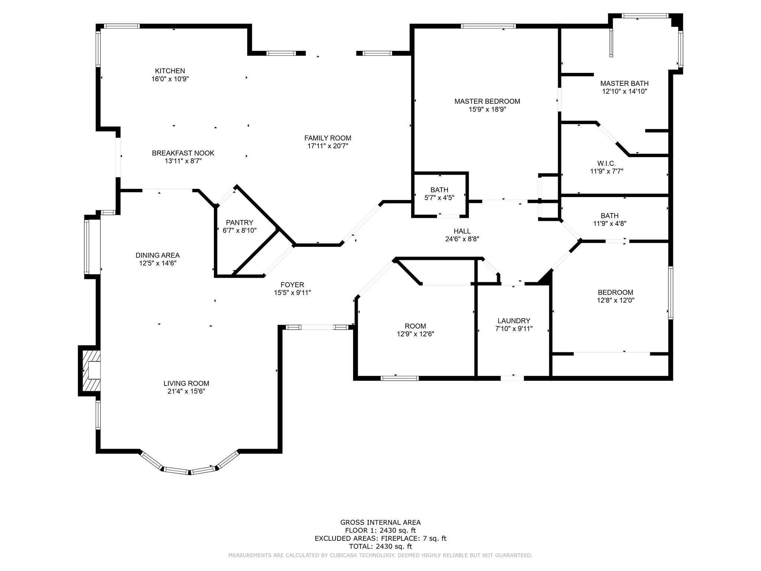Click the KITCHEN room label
[170, 71]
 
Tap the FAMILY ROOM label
[328, 138]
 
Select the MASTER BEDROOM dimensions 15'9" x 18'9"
[487, 109]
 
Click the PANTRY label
[240, 222]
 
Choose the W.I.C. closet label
[606, 163]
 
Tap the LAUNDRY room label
[514, 320]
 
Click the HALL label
[462, 231]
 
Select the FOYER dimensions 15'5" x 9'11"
[292, 293]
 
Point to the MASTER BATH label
[625, 83]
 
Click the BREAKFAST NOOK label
[183, 153]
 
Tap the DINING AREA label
[158, 255]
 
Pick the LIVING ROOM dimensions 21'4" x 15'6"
[186, 391]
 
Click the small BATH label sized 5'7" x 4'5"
[440, 190]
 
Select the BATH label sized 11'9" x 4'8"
[610, 215]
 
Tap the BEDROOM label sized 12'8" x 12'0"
[615, 292]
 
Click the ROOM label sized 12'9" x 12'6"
[415, 326]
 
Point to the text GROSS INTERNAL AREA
[380, 522]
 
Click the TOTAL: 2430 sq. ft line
[380, 546]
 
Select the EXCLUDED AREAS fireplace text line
[380, 538]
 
